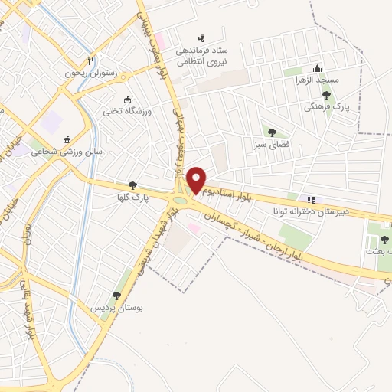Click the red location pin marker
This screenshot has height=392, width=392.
coord(196,180)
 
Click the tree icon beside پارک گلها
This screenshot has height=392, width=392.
coord(133,185)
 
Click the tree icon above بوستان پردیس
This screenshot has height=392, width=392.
coord(116,295)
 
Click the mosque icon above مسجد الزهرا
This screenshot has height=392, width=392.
coord(315,67)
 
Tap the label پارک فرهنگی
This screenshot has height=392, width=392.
coord(327,108)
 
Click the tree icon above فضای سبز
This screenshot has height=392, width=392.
coord(271,131)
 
